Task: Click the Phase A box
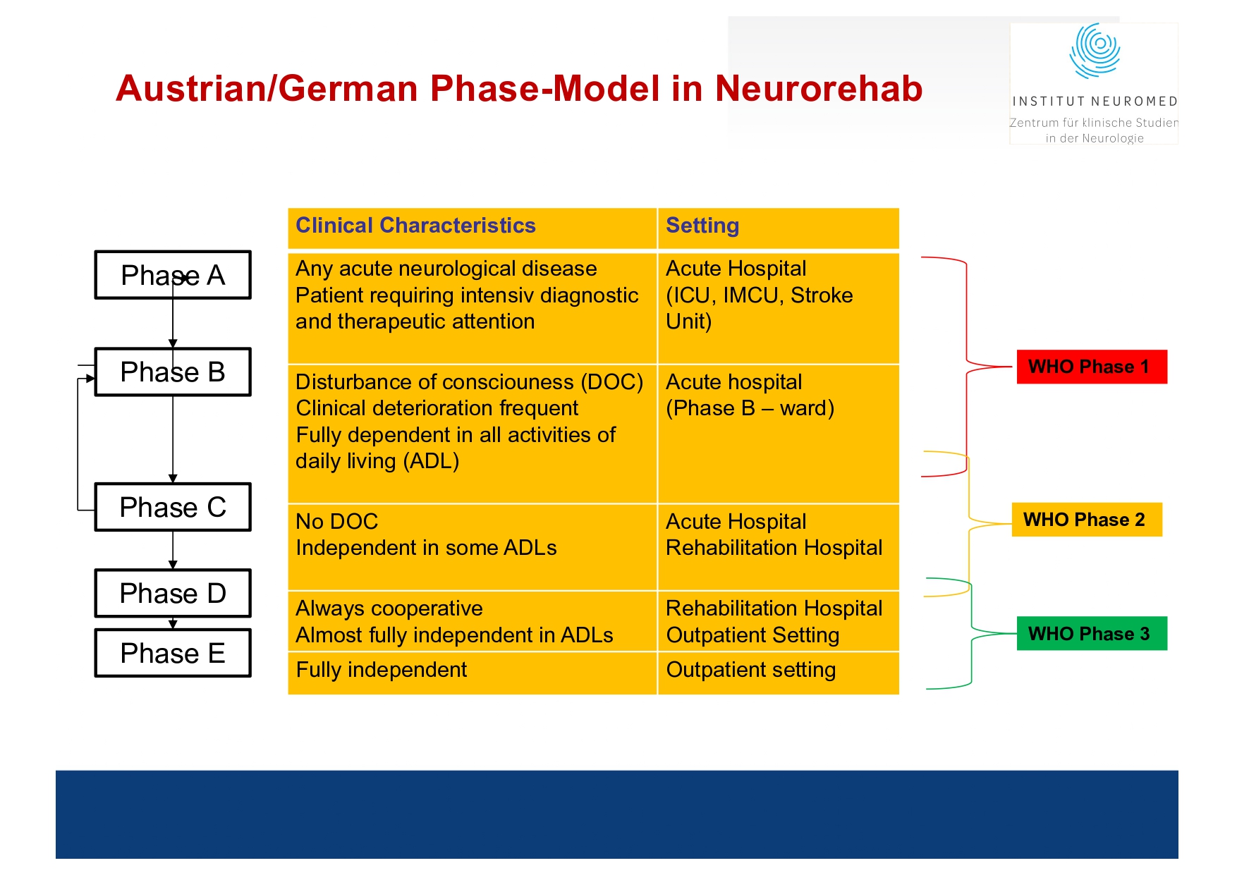click(x=173, y=275)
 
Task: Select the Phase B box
click(x=173, y=372)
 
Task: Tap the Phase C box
click(x=173, y=507)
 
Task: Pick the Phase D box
click(x=173, y=593)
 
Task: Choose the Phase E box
click(x=173, y=653)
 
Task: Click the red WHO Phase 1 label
click(x=1091, y=367)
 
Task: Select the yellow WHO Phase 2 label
click(x=1086, y=520)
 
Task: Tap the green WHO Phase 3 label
click(x=1091, y=633)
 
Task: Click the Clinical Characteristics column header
click(x=415, y=226)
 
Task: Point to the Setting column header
click(x=702, y=226)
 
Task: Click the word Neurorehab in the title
click(x=818, y=89)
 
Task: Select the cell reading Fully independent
click(x=382, y=670)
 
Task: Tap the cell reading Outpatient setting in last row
click(x=750, y=670)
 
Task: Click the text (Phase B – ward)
click(x=750, y=408)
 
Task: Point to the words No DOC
click(x=336, y=522)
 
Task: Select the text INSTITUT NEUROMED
click(x=1095, y=102)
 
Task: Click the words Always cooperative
click(x=389, y=608)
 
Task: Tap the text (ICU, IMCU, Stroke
click(x=759, y=295)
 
